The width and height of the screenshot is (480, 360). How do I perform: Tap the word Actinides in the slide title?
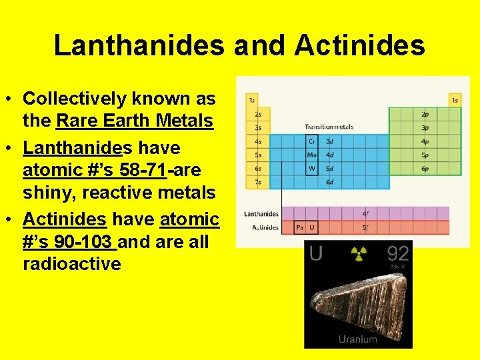[x=359, y=46]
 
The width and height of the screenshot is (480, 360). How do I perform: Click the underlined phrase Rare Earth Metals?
[x=135, y=122]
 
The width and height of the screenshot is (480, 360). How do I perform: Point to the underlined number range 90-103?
[x=80, y=241]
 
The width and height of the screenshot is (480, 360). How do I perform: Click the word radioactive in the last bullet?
[x=72, y=264]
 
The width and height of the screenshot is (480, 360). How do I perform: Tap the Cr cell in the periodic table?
[x=312, y=141]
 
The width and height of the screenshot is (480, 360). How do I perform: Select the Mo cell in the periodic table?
[x=312, y=155]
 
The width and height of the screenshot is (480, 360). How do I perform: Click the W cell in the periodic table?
[x=312, y=168]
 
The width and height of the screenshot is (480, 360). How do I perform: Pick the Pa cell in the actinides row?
[x=300, y=228]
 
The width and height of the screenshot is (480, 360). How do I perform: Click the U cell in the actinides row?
[x=312, y=228]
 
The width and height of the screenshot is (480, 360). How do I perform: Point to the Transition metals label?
[x=329, y=127]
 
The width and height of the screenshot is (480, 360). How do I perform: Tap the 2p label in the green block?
[x=425, y=114]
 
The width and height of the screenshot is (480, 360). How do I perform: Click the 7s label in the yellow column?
[x=257, y=182]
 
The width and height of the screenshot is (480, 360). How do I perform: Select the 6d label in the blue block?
[x=329, y=182]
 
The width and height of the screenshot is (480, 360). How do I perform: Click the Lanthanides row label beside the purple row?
[x=261, y=214]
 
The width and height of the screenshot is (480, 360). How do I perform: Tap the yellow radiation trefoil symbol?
[x=359, y=253]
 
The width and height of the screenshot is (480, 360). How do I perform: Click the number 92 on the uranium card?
[x=398, y=253]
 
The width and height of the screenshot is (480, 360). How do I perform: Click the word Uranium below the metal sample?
[x=358, y=339]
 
